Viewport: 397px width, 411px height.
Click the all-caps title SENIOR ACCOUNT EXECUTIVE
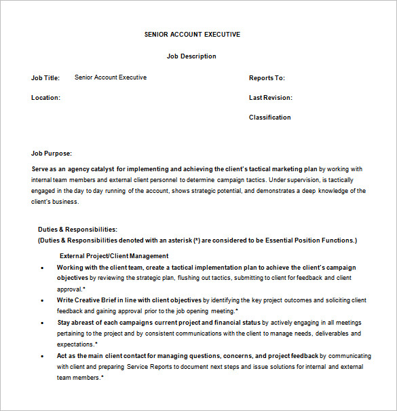point(192,34)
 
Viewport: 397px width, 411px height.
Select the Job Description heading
point(191,56)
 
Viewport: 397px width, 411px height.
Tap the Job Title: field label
point(46,77)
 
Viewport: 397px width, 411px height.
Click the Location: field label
point(45,98)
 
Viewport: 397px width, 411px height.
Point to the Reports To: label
point(267,78)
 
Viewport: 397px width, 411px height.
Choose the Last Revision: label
point(271,98)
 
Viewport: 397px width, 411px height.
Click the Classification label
point(269,118)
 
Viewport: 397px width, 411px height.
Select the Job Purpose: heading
point(52,154)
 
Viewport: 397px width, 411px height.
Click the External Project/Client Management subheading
point(114,256)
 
